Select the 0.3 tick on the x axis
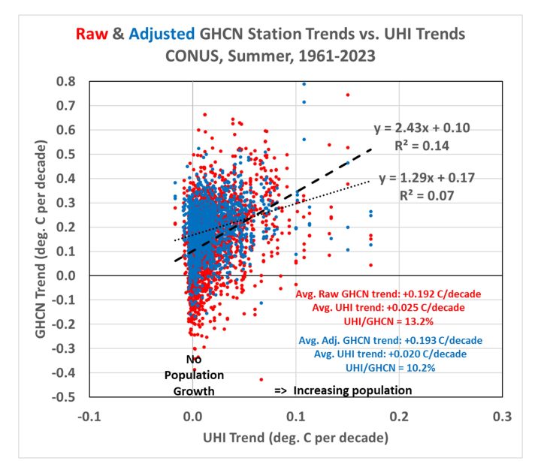click(x=502, y=415)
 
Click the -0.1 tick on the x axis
click(x=89, y=415)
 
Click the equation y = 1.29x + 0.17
click(x=428, y=179)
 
